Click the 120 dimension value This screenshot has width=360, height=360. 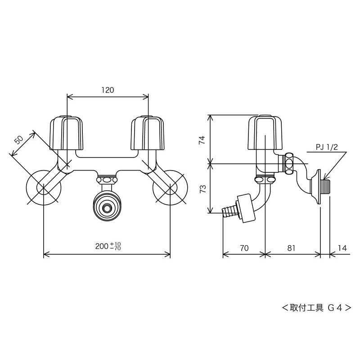point(107,90)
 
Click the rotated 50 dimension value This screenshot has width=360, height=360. point(19,139)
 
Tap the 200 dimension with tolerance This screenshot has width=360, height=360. point(108,246)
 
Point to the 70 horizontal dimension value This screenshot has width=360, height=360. point(244,247)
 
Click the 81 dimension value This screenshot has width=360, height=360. point(291,247)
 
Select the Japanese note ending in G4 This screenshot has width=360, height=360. point(316,308)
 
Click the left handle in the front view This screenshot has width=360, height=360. point(67,133)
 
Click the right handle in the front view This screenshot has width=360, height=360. point(148,133)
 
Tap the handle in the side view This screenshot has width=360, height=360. point(265,133)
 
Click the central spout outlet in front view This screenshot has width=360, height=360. point(107,208)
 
